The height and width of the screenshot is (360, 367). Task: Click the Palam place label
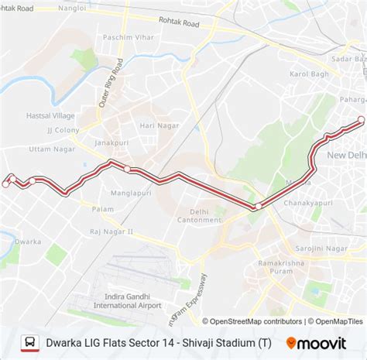click(x=103, y=209)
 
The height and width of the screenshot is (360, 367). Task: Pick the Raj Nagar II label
click(x=111, y=231)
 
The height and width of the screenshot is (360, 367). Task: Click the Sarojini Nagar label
click(x=321, y=249)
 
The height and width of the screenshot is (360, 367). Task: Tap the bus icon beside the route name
click(x=29, y=341)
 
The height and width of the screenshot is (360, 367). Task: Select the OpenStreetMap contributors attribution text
click(x=251, y=321)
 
